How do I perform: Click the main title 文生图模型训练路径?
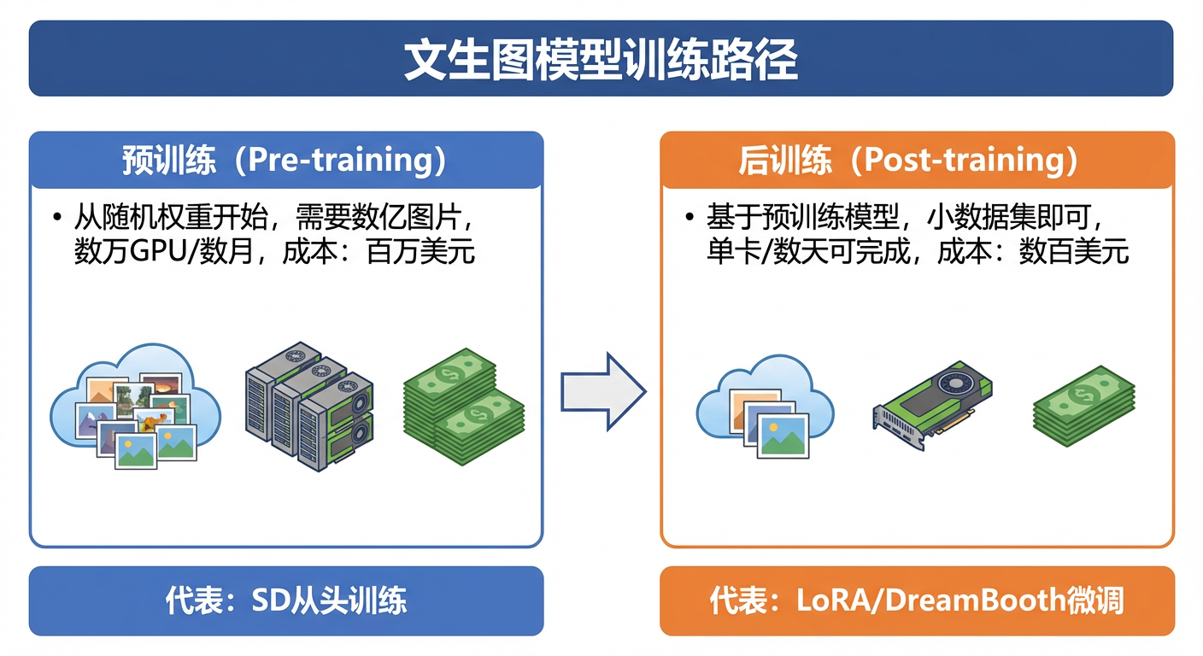[x=601, y=59]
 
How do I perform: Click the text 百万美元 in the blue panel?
[x=420, y=251]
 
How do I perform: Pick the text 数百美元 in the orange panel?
[x=1074, y=251]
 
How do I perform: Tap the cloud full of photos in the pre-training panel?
[x=135, y=407]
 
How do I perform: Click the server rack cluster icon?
[x=309, y=406]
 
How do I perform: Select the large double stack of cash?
[x=464, y=407]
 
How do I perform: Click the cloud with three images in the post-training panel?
[x=766, y=407]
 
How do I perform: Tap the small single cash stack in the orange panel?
[x=1083, y=406]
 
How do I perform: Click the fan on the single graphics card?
[x=956, y=384]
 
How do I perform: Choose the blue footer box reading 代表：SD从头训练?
[x=286, y=600]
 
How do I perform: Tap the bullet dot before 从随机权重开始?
[x=57, y=218]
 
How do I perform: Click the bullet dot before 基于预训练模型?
[x=690, y=218]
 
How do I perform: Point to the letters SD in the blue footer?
[x=270, y=600]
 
